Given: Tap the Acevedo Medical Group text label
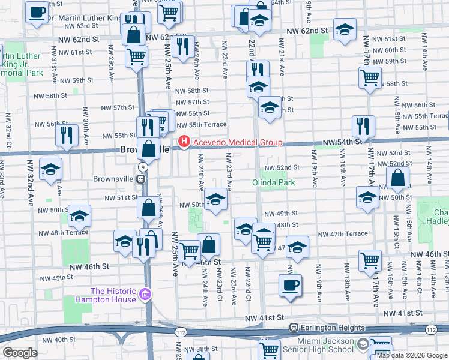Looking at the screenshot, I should click(237, 143).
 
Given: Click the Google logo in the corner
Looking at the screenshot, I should click(20, 353).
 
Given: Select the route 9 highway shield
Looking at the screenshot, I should click(142, 166).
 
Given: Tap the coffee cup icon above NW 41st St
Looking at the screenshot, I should click(291, 284).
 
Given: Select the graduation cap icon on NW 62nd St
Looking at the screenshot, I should click(345, 29).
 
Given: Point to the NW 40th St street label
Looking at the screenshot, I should click(68, 340).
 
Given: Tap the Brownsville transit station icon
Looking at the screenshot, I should click(140, 178).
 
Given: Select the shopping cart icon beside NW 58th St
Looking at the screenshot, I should click(370, 77).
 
